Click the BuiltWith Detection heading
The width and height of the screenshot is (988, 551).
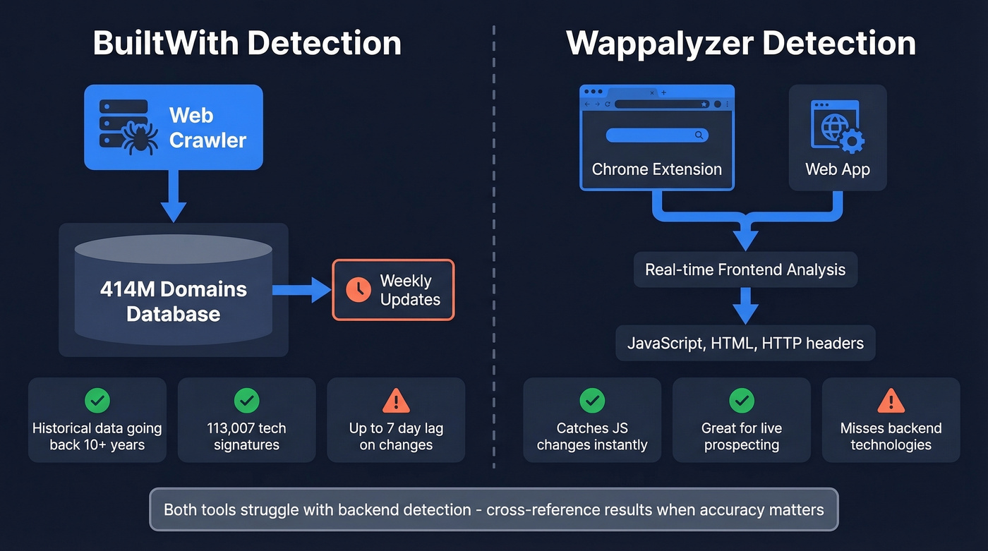(247, 43)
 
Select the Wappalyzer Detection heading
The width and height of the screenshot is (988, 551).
(741, 43)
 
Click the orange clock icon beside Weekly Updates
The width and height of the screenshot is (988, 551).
(359, 290)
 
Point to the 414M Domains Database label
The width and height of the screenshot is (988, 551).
(174, 301)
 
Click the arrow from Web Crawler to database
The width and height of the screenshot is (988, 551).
(174, 197)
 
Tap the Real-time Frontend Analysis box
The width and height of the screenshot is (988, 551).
(745, 270)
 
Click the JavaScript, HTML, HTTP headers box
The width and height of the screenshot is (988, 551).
(745, 344)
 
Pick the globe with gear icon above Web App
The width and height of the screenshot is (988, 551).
(838, 128)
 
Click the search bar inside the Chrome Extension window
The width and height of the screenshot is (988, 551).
(656, 135)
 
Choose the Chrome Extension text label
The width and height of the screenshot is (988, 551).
(656, 169)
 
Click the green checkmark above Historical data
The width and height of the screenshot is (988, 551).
(97, 401)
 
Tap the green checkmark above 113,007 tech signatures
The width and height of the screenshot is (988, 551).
(246, 401)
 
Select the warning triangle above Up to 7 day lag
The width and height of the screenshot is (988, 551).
(396, 401)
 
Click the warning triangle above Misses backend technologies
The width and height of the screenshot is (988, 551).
(891, 401)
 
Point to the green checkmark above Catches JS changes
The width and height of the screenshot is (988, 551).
(592, 401)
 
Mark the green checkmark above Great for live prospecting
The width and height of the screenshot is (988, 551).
(742, 401)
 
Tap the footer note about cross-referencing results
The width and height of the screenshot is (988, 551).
(494, 509)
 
